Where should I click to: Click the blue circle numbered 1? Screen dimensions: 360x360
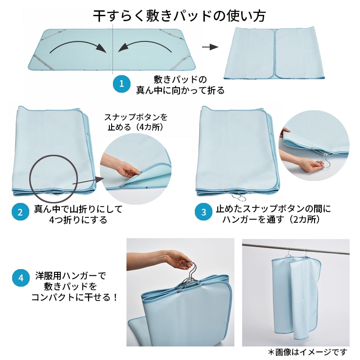click(x=121, y=84)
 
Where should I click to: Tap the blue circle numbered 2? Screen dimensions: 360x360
click(x=19, y=212)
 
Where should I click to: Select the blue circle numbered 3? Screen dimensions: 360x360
click(x=204, y=212)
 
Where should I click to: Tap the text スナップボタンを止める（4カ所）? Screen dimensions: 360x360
click(x=136, y=122)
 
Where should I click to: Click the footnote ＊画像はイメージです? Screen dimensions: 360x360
click(x=308, y=351)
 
